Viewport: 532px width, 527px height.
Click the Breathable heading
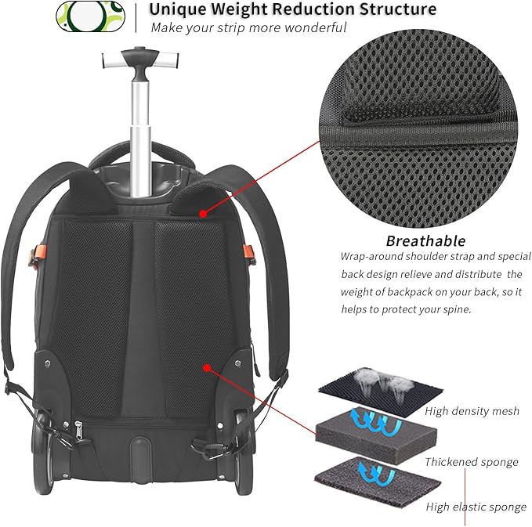pyautogui.click(x=425, y=240)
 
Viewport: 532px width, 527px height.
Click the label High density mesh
pyautogui.click(x=472, y=411)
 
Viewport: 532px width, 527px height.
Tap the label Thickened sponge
pyautogui.click(x=471, y=462)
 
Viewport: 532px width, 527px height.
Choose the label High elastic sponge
pyautogui.click(x=476, y=507)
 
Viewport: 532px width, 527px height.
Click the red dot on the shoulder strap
pyautogui.click(x=204, y=212)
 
